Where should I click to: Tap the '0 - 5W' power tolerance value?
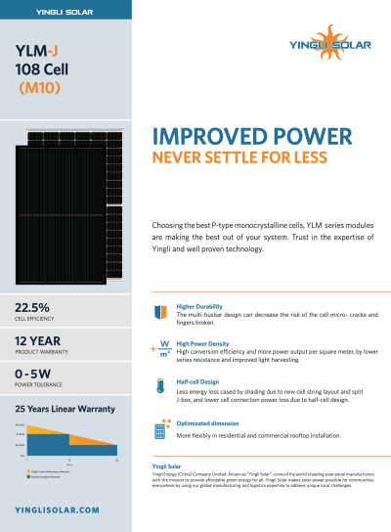(31, 375)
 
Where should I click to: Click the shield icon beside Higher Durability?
(161, 313)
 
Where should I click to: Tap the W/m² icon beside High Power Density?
(161, 348)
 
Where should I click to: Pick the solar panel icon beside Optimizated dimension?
(161, 427)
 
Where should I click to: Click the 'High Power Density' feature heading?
(203, 342)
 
